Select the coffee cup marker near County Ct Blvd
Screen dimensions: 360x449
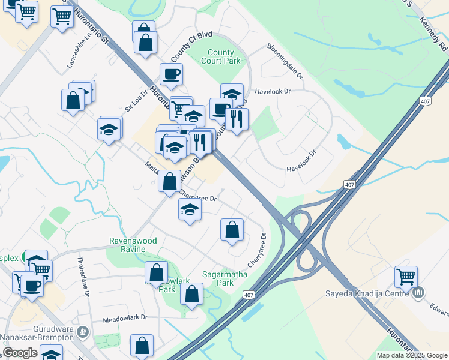171,74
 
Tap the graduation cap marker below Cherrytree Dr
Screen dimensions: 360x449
190,209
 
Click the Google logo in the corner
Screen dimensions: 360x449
20,353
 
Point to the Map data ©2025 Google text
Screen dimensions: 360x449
412,355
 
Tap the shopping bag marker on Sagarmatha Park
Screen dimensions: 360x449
191,295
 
